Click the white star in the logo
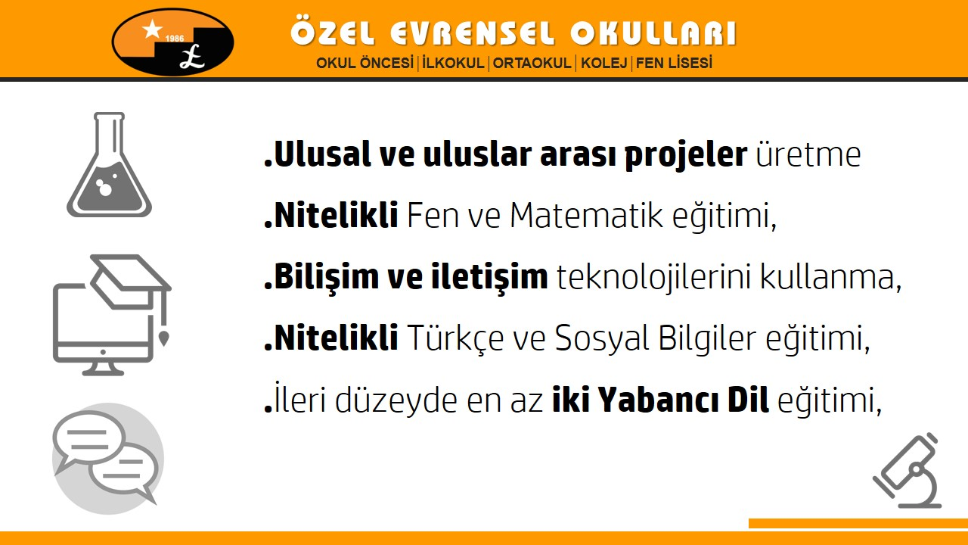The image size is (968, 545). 153,30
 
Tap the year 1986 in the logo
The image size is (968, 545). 175,39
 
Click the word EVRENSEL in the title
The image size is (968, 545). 471,33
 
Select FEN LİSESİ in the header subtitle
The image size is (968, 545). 674,63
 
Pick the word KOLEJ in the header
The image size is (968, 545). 603,63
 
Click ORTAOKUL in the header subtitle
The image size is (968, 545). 532,63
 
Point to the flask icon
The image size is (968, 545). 110,165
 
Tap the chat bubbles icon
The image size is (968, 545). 108,459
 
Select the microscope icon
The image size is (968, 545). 907,471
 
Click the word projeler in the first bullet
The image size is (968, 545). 686,155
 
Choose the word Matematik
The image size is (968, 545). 586,215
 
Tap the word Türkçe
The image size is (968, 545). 455,338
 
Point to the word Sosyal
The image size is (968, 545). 602,338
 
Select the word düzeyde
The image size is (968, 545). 396,400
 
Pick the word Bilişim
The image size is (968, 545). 326,278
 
